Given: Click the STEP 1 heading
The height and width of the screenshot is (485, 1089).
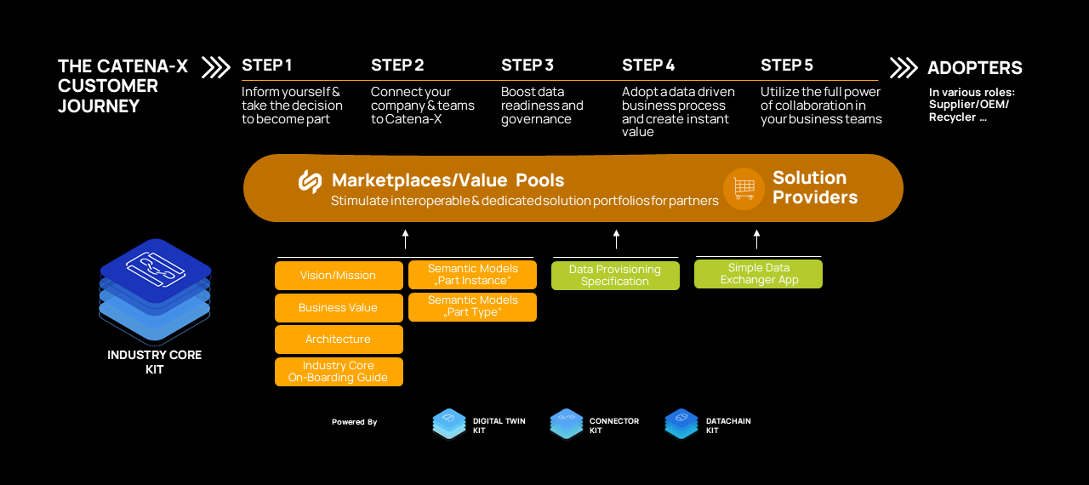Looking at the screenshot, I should coord(266,66).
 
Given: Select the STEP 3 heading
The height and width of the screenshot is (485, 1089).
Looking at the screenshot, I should coord(527,66).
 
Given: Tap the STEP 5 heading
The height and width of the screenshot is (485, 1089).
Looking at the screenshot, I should coord(787,66).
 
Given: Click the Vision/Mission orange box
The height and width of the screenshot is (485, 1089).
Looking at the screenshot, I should coord(339,276).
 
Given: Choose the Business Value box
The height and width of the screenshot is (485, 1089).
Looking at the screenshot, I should coord(339,307).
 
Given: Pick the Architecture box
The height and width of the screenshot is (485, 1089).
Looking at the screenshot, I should coord(339,339).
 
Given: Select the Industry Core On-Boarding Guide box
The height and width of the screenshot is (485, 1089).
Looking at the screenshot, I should coord(339,372).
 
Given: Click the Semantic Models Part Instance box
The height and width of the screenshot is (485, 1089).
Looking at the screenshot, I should coord(472,275).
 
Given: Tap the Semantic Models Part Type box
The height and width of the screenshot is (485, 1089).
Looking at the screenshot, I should coord(472,306).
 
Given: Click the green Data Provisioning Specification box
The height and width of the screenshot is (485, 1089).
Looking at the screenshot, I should coord(615,276).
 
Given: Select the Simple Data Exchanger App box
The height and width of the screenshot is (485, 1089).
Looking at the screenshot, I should coord(758,274).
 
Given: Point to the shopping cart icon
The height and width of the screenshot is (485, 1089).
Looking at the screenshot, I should coord(744,188).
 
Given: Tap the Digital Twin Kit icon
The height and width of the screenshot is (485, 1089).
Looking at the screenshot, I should coord(449,423).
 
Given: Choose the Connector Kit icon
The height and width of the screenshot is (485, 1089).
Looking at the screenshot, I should coord(566,423).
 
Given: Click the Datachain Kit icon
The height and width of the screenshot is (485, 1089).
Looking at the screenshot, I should coord(681,423).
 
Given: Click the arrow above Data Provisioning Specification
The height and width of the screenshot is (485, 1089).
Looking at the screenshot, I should coord(616,239).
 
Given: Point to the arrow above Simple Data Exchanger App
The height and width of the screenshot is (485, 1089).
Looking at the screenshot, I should coord(756,239).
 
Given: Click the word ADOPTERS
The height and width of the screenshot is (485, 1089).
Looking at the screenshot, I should coord(975,68).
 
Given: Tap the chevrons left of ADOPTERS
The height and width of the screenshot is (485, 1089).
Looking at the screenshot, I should coord(904,67).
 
